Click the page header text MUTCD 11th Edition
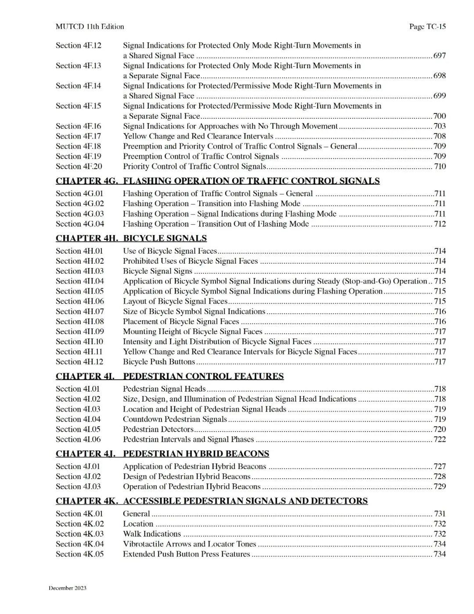coord(90,26)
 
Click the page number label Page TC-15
coord(427,26)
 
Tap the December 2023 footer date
coord(68,588)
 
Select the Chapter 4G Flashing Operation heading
coord(218,181)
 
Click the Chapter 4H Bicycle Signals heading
coord(131,238)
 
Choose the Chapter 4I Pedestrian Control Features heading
coord(169,376)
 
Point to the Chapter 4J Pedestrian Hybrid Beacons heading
coord(162,454)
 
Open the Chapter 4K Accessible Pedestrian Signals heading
coord(212,501)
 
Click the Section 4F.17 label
coord(78,136)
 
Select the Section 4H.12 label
coord(79,362)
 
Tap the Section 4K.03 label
coord(79,534)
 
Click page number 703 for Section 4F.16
coord(439,126)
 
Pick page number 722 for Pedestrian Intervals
coord(439,439)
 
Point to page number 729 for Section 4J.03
coord(439,487)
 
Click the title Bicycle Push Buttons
coord(159,362)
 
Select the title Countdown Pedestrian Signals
coord(175,419)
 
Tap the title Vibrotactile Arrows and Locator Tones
coord(189,544)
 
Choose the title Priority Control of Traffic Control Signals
coord(194,166)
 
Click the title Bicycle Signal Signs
coord(158,271)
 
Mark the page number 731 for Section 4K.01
coord(439,513)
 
